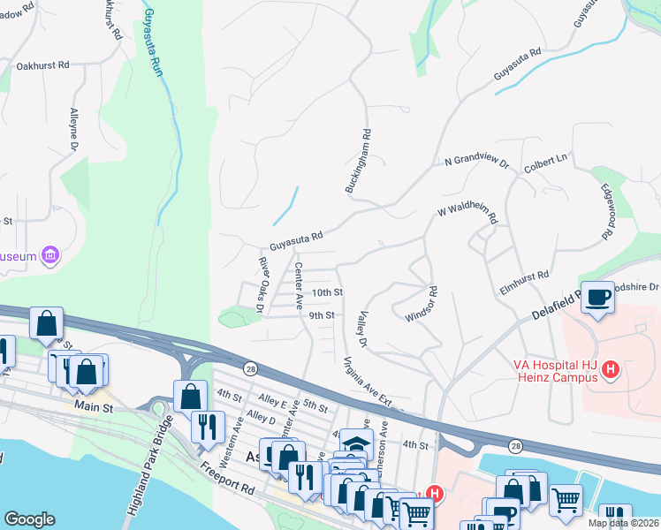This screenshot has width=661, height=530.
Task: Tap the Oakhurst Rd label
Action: coord(43,66)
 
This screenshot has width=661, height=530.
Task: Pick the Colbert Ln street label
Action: coord(545,163)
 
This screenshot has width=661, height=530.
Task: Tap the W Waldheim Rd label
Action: coord(467,212)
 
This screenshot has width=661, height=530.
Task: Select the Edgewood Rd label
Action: coord(607,213)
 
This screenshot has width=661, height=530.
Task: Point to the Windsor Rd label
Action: coord(422,304)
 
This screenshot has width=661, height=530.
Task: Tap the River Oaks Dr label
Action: coord(261,284)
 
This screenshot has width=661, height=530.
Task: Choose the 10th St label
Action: coord(326,292)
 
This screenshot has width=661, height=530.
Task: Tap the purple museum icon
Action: coord(50,256)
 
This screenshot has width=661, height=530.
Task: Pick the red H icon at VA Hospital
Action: coord(609,372)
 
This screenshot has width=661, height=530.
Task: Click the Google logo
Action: coord(29,519)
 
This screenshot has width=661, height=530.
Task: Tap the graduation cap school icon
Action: coord(355,444)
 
